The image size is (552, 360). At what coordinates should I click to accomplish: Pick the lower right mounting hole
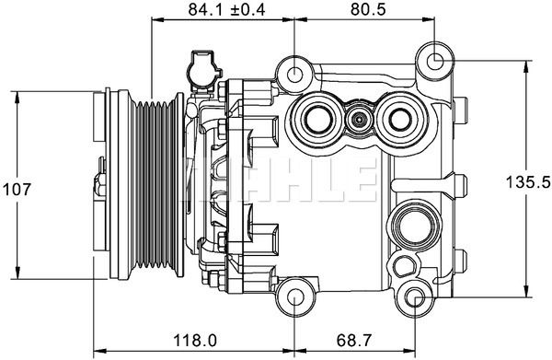click(415, 297)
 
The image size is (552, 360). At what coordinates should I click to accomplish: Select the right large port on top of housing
click(399, 118)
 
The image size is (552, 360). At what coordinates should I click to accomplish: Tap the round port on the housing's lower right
click(408, 225)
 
